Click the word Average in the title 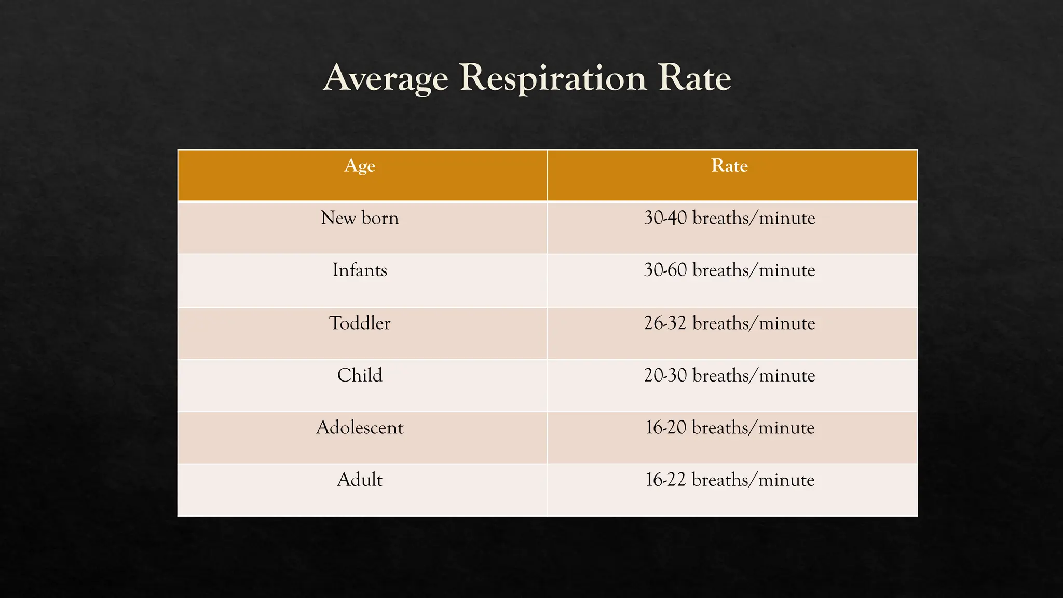pyautogui.click(x=385, y=79)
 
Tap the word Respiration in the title pyautogui.click(x=553, y=79)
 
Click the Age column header pyautogui.click(x=360, y=166)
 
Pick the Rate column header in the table pyautogui.click(x=729, y=166)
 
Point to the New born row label pyautogui.click(x=360, y=218)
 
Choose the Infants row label pyautogui.click(x=360, y=270)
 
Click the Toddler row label pyautogui.click(x=360, y=323)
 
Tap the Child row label pyautogui.click(x=360, y=375)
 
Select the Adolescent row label pyautogui.click(x=360, y=428)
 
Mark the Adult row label pyautogui.click(x=360, y=480)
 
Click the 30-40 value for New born pyautogui.click(x=665, y=218)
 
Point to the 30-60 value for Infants pyautogui.click(x=665, y=270)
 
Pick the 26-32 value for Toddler pyautogui.click(x=665, y=323)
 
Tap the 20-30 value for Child pyautogui.click(x=665, y=375)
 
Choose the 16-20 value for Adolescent pyautogui.click(x=666, y=428)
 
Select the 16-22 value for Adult pyautogui.click(x=666, y=480)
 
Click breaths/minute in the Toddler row pyautogui.click(x=754, y=323)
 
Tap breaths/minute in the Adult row pyautogui.click(x=753, y=480)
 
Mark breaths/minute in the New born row pyautogui.click(x=754, y=218)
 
